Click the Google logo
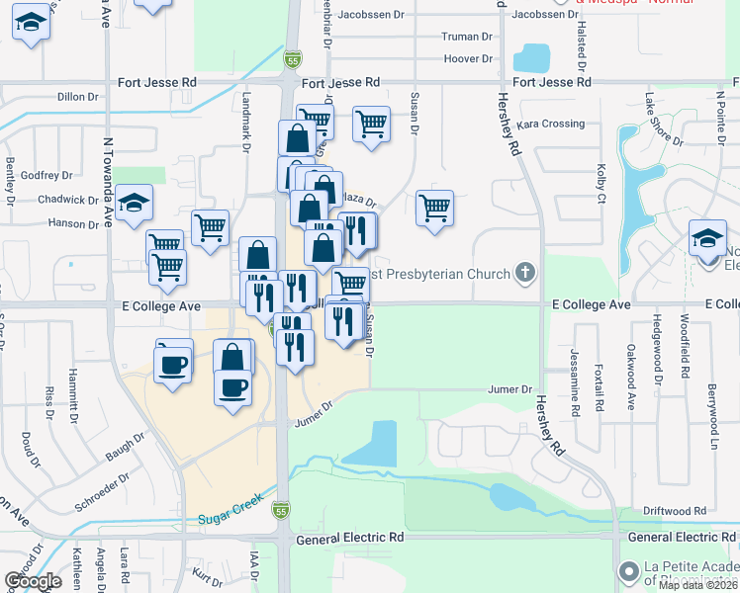point(34,581)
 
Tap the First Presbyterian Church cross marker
point(525,273)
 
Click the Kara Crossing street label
point(551,124)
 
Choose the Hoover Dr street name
point(469,59)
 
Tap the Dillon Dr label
point(78,97)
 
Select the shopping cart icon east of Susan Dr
point(434,209)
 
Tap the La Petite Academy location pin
point(627,572)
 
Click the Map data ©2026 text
point(698,585)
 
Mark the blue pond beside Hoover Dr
point(533,57)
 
